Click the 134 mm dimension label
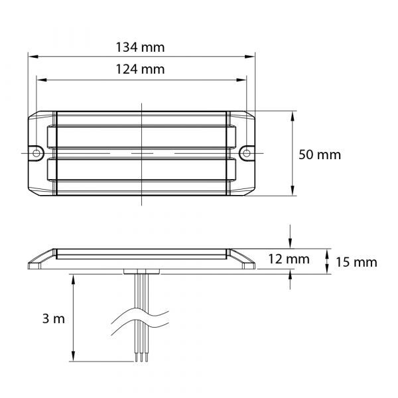point(140,48)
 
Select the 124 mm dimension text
point(140,69)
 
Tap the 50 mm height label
point(320,155)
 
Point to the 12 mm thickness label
point(289,259)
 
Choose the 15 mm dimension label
point(356,262)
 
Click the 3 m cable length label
point(54,318)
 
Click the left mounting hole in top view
point(36,153)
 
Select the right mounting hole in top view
point(247,153)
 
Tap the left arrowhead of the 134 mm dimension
point(33,56)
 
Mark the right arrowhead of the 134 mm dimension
point(250,56)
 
